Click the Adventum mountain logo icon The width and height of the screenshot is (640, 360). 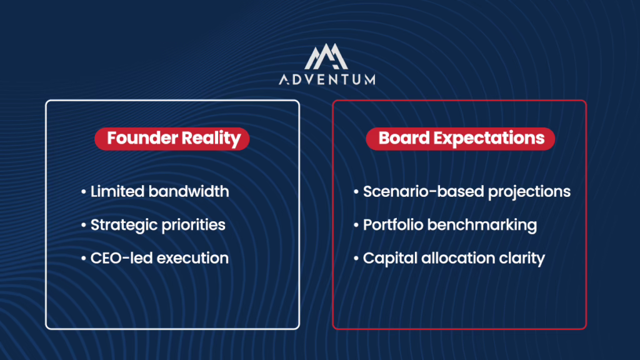326,56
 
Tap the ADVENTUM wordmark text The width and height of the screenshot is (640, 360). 327,79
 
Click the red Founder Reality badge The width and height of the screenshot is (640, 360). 172,139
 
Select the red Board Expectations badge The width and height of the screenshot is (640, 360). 461,139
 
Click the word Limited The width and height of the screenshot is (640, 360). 117,191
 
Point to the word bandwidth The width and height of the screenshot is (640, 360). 189,191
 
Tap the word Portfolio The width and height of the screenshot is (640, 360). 393,225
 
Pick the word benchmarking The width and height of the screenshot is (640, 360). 482,225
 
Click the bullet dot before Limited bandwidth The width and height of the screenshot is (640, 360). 84,191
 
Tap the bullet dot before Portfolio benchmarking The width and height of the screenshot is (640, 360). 356,225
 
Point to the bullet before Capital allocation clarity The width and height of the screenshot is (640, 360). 356,258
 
